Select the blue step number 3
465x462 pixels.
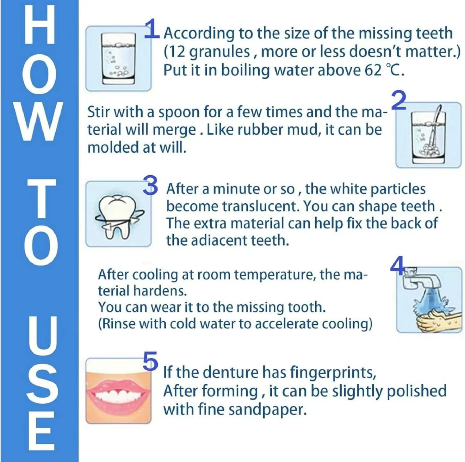150,185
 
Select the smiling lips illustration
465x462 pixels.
119,394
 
